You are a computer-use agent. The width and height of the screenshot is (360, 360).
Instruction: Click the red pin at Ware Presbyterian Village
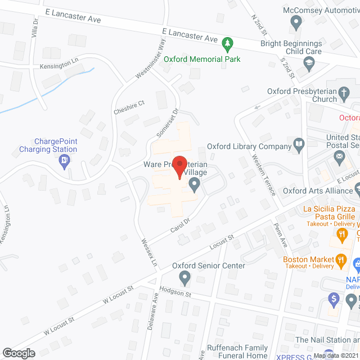[179, 166]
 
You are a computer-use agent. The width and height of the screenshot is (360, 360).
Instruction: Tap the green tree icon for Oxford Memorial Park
[227, 43]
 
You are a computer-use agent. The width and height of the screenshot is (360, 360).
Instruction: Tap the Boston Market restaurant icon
[340, 260]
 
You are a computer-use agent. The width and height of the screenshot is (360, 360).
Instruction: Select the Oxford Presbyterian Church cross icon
[344, 93]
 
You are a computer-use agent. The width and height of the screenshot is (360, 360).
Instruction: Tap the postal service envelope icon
[339, 159]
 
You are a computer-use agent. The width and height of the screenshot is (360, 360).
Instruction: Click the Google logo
[19, 353]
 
